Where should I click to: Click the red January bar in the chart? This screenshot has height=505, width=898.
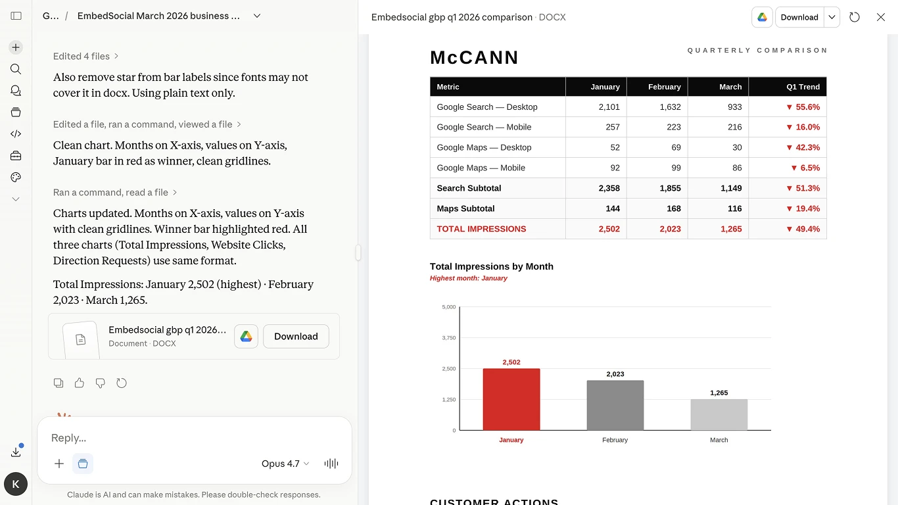(511, 399)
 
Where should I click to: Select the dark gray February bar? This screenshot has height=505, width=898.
(615, 405)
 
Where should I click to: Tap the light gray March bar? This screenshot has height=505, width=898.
(719, 414)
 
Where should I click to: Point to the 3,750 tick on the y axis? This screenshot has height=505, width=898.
(449, 338)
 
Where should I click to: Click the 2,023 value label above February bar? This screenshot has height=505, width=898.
(615, 374)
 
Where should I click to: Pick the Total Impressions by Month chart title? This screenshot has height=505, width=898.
(491, 266)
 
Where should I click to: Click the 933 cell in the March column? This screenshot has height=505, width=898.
(734, 107)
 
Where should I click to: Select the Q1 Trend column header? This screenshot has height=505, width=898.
(803, 87)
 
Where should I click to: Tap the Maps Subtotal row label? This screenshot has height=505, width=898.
(465, 208)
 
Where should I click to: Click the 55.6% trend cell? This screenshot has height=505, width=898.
(803, 107)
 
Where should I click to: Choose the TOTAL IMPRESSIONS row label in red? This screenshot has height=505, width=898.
(481, 229)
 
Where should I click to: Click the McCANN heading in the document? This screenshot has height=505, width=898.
(474, 58)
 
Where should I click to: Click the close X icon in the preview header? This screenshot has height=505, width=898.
(881, 17)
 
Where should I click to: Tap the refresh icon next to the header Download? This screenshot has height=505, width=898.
(855, 17)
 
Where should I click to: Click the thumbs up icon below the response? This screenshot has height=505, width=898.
(80, 383)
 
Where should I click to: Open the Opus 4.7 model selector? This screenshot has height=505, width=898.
(285, 464)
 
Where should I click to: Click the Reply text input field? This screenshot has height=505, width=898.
(194, 438)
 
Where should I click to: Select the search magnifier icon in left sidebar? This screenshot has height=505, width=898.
(16, 69)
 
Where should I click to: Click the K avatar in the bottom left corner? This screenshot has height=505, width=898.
(16, 485)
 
